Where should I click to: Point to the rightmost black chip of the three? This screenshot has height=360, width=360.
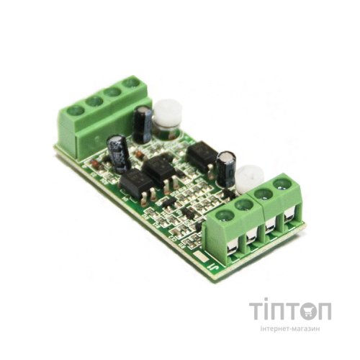[x=202, y=153]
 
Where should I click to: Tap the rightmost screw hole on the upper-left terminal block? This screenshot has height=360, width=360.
[x=131, y=84]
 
